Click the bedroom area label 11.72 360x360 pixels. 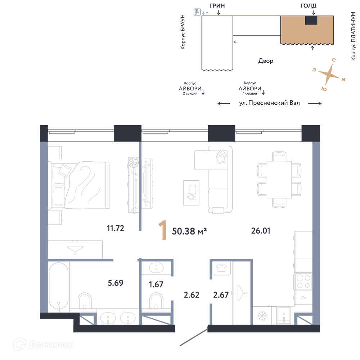pyautogui.click(x=116, y=228)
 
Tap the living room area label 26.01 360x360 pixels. pyautogui.click(x=261, y=231)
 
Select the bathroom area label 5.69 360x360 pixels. pyautogui.click(x=116, y=283)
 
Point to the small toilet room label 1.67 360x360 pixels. pyautogui.click(x=156, y=284)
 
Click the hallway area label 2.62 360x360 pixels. pyautogui.click(x=192, y=295)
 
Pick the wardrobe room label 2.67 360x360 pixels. pyautogui.click(x=221, y=295)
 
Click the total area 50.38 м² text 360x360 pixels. pyautogui.click(x=189, y=231)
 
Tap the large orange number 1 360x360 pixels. pyautogui.click(x=163, y=230)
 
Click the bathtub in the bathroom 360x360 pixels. pyautogui.click(x=59, y=287)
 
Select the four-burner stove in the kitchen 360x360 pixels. pyautogui.click(x=303, y=282)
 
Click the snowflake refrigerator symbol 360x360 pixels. pyautogui.click(x=262, y=316)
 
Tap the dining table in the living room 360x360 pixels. pyautogui.click(x=279, y=179)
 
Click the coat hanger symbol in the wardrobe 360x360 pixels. pyautogui.click(x=241, y=293)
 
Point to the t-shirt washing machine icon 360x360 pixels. pyautogui.click(x=221, y=268)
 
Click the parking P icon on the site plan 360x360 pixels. pyautogui.click(x=197, y=12)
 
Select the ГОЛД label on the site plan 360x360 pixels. pyautogui.click(x=309, y=5)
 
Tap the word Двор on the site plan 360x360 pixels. pyautogui.click(x=266, y=61)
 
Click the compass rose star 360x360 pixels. pyautogui.click(x=329, y=74)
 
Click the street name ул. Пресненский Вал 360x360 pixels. pyautogui.click(x=270, y=103)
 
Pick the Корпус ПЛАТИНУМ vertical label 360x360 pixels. pyautogui.click(x=354, y=36)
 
